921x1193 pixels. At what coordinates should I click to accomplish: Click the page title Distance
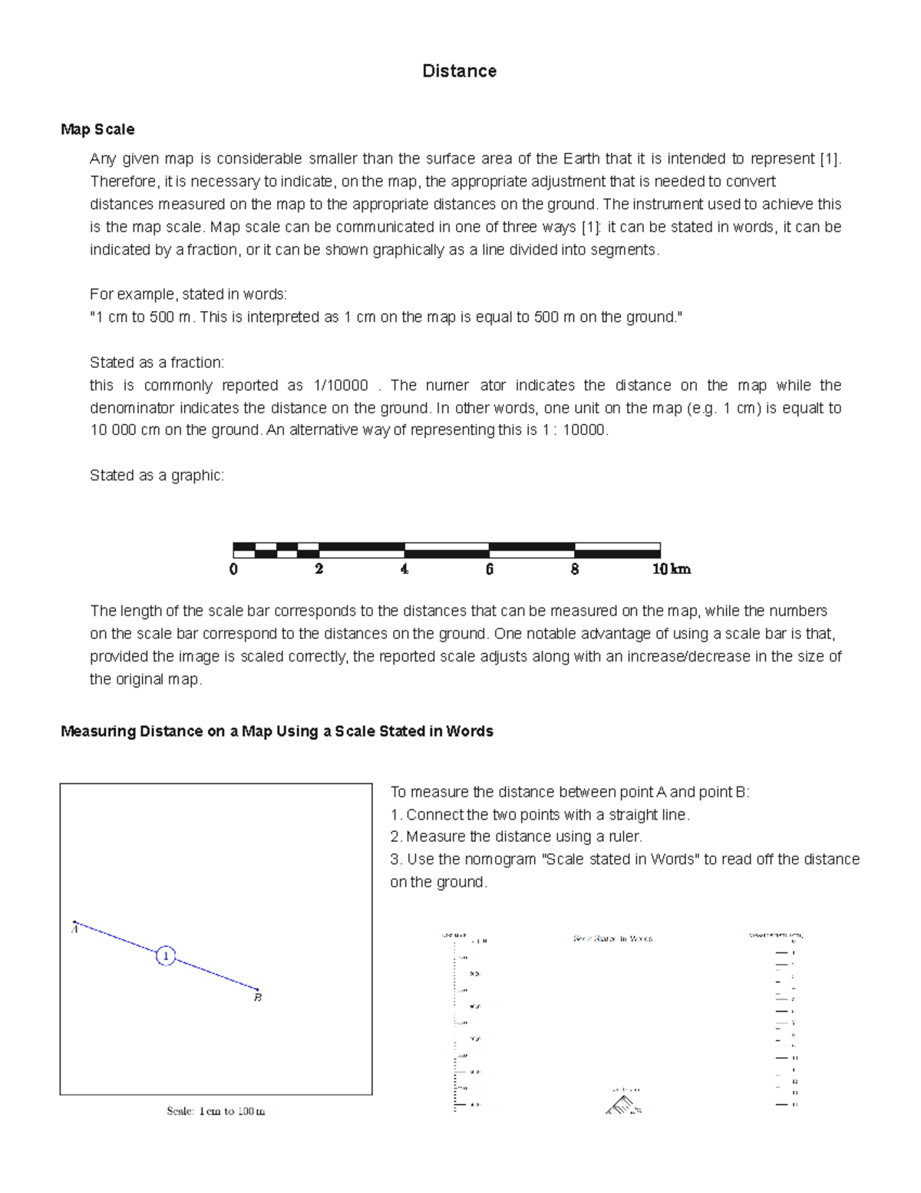(x=459, y=71)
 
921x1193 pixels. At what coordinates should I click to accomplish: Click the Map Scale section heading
(x=97, y=130)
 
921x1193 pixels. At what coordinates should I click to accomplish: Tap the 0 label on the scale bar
(x=233, y=569)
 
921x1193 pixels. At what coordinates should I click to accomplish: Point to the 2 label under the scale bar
(x=319, y=569)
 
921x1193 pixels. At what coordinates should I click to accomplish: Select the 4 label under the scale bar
(x=404, y=569)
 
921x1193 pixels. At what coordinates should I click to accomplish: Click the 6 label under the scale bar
(x=489, y=569)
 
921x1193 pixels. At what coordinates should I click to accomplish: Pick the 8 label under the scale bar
(x=574, y=569)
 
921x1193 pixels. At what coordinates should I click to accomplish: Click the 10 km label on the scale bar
(x=671, y=569)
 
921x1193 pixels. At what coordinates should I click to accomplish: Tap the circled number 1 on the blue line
(x=166, y=956)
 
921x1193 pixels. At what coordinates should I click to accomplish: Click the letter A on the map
(x=74, y=930)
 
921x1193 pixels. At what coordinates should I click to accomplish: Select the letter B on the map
(x=258, y=998)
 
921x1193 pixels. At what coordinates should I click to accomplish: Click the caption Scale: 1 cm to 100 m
(x=216, y=1111)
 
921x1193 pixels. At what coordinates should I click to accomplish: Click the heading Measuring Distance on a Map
(x=276, y=731)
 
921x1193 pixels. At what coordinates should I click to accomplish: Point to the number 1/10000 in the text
(x=341, y=386)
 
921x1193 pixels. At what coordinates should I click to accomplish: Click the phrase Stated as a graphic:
(x=157, y=476)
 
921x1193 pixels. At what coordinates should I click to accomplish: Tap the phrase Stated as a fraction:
(x=157, y=363)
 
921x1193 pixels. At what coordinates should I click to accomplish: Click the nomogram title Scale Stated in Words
(x=612, y=939)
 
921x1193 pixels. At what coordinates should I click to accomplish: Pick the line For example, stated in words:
(x=188, y=294)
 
